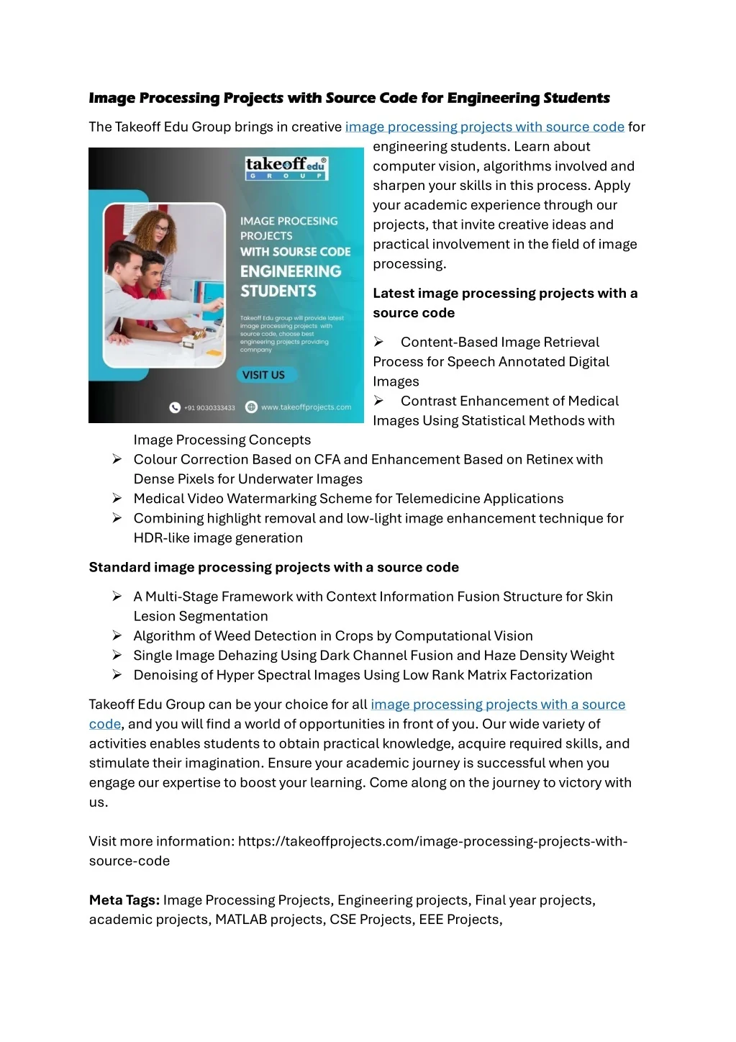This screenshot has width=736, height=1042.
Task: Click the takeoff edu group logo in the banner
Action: (286, 168)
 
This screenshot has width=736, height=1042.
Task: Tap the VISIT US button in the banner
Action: (263, 375)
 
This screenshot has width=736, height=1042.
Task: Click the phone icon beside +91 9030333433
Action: (175, 407)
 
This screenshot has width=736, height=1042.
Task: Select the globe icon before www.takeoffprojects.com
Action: (251, 407)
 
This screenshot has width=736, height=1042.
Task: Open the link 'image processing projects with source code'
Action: (484, 127)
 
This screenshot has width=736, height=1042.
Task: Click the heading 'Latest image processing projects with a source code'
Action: (504, 303)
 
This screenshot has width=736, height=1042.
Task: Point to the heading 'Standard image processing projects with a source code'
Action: (273, 567)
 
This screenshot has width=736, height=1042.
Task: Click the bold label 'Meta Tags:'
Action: (124, 900)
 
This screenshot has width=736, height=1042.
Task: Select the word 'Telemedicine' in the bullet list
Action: (438, 499)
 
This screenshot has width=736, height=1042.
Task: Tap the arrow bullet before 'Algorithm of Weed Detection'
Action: (117, 635)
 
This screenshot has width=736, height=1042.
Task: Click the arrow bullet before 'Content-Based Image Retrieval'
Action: (378, 342)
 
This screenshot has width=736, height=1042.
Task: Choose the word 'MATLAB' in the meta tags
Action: (241, 920)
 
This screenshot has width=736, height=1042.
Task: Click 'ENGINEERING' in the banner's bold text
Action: (291, 271)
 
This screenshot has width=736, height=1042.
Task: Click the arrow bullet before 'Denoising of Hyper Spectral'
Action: (117, 675)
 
